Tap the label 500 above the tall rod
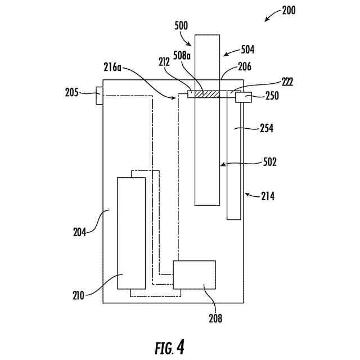coord(182,25)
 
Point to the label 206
coord(244,66)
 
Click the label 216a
coord(112,67)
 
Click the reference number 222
coord(287,82)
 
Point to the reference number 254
coord(267,128)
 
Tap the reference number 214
coord(269,196)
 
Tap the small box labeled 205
coord(99,96)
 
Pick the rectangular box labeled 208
coord(194,274)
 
